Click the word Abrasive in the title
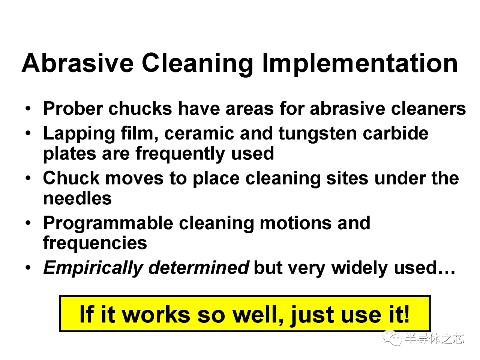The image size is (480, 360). coord(78,63)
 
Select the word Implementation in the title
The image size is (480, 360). coord(360,65)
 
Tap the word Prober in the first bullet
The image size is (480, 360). coord(73,108)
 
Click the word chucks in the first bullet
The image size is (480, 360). coord(140,108)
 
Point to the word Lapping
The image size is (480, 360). coord(79,134)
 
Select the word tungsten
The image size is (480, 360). coord(318,134)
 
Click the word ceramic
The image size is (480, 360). coord(199,133)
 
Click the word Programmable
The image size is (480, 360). coord(108,223)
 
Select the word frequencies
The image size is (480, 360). coord(95,243)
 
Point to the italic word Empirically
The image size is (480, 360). coord(93,268)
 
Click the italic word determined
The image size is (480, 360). coord(199,267)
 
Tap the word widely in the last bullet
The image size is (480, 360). coord(360,268)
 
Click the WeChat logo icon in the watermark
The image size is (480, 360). coord(392,338)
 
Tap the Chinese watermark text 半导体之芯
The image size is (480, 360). coord(435,339)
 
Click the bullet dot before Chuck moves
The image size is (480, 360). coord(28,178)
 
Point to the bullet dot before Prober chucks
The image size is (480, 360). coord(28,108)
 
